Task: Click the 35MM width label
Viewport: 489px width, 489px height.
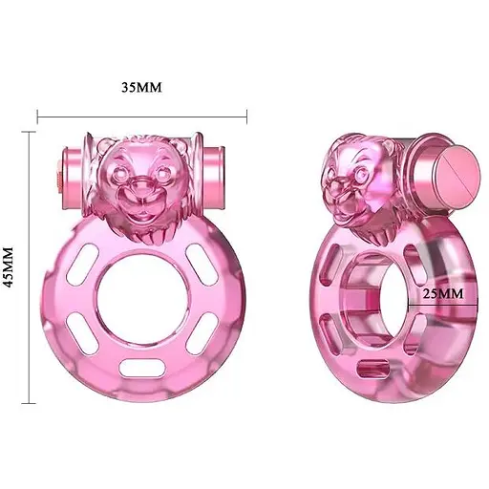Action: (x=141, y=87)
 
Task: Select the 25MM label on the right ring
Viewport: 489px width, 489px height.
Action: (x=442, y=293)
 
